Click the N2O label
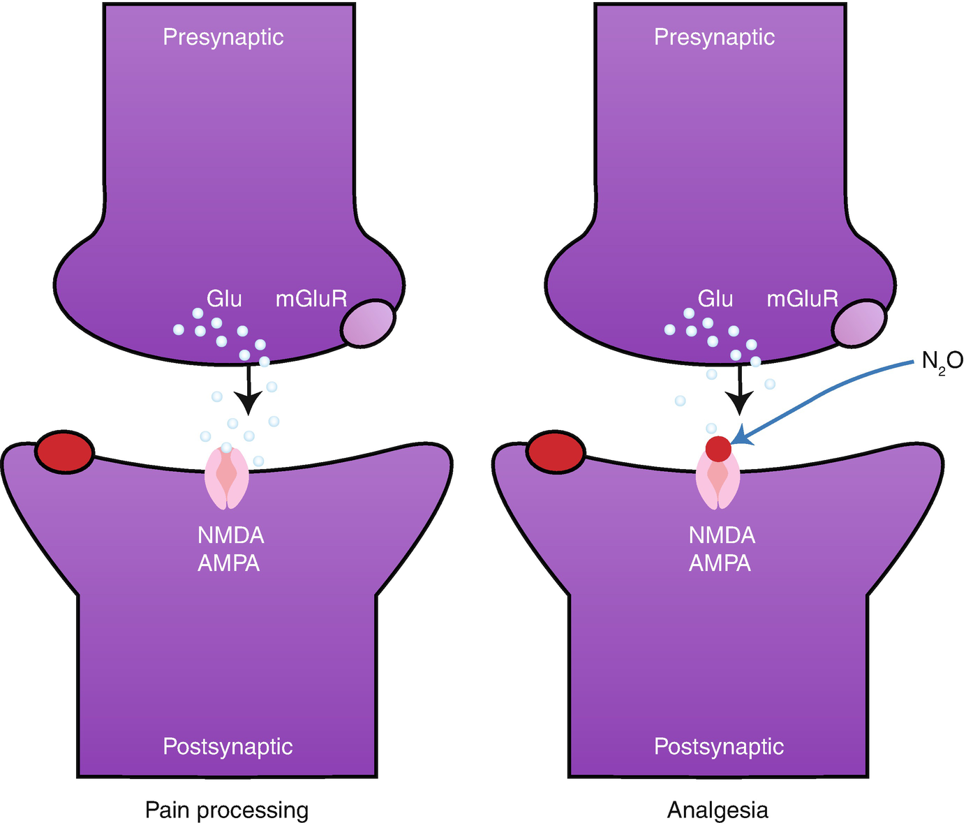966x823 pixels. pyautogui.click(x=942, y=362)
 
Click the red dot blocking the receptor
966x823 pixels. pyautogui.click(x=718, y=448)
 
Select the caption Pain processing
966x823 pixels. pyautogui.click(x=227, y=810)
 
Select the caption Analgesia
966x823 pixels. pyautogui.click(x=718, y=810)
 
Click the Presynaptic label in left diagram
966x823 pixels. pyautogui.click(x=223, y=37)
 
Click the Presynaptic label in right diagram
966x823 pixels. pyautogui.click(x=714, y=37)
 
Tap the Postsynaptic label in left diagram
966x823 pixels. pyautogui.click(x=228, y=746)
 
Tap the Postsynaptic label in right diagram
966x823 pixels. pyautogui.click(x=719, y=746)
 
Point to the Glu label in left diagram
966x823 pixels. pyautogui.click(x=224, y=299)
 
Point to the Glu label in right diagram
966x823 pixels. pyautogui.click(x=715, y=299)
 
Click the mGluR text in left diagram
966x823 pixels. pyautogui.click(x=311, y=299)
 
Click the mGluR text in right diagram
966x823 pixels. pyautogui.click(x=803, y=299)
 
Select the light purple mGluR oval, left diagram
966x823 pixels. pyautogui.click(x=369, y=323)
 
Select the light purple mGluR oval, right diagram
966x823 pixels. pyautogui.click(x=859, y=323)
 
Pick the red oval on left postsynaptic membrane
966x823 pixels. pyautogui.click(x=64, y=452)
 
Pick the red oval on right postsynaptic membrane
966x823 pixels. pyautogui.click(x=556, y=452)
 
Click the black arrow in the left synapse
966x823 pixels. pyautogui.click(x=248, y=391)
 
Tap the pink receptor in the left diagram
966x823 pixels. pyautogui.click(x=226, y=479)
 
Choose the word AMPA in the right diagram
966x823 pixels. pyautogui.click(x=720, y=563)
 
